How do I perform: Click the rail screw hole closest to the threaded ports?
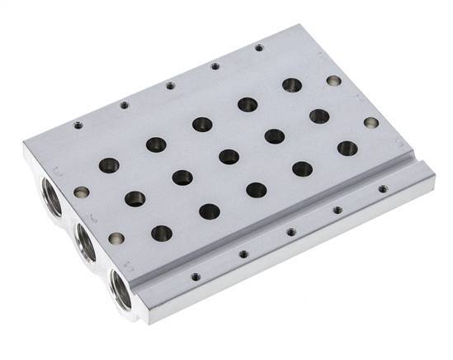coord(195,277)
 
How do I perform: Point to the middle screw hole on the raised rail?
coord(291,232)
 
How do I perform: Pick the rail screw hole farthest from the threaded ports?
coord(383,189)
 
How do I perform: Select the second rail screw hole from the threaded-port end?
coord(244,254)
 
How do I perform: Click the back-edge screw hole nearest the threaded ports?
coord(78,126)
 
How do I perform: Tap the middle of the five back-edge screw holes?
coord(170,84)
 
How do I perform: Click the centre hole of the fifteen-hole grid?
coord(229,156)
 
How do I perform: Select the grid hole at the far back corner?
coord(291,84)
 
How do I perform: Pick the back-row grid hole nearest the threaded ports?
coord(108,165)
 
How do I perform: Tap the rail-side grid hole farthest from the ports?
coord(347,149)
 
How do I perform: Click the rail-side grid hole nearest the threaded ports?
coord(163,233)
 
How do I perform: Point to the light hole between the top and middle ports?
coord(80,192)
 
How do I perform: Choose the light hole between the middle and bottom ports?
coord(115,239)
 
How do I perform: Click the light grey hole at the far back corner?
coord(333,81)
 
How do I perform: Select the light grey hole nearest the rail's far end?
coord(370,122)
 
